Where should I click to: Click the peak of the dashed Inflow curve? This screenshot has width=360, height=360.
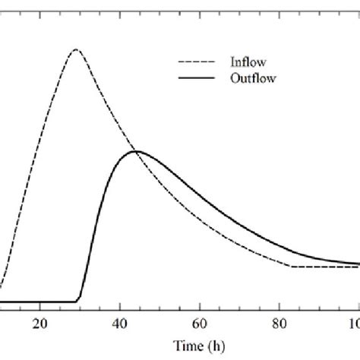(74, 50)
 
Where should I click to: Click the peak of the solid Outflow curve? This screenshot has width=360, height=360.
(136, 151)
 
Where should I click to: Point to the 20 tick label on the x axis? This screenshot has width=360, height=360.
(40, 324)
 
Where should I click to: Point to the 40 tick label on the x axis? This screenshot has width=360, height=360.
(120, 324)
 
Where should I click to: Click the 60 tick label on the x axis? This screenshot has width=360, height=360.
(200, 324)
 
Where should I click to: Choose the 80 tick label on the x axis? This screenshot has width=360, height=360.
(279, 324)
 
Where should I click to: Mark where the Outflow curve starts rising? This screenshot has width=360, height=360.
(79, 302)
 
